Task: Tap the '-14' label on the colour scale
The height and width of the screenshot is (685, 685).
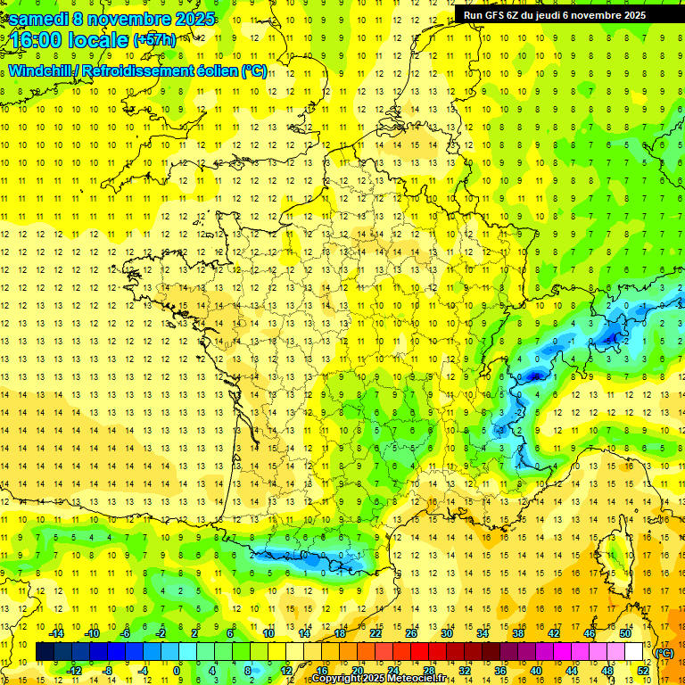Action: [x=57, y=633]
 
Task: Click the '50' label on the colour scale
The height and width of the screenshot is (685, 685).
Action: [x=624, y=633]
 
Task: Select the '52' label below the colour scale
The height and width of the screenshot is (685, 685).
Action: [x=642, y=671]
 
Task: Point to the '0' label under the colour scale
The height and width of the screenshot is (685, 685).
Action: [x=177, y=671]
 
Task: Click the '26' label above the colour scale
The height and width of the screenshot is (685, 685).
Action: [x=411, y=633]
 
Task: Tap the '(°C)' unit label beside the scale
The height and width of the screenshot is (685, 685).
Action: [x=664, y=652]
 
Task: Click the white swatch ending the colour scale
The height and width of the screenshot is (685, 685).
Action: [x=634, y=652]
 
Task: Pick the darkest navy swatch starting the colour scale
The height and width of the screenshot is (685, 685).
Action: [x=45, y=652]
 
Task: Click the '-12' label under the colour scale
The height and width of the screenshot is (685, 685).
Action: [x=74, y=671]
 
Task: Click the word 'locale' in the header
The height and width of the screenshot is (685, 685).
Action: [x=99, y=40]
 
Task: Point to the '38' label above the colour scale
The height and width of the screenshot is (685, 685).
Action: [x=518, y=633]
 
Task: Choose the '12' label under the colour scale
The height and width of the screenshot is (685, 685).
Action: [x=285, y=671]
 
